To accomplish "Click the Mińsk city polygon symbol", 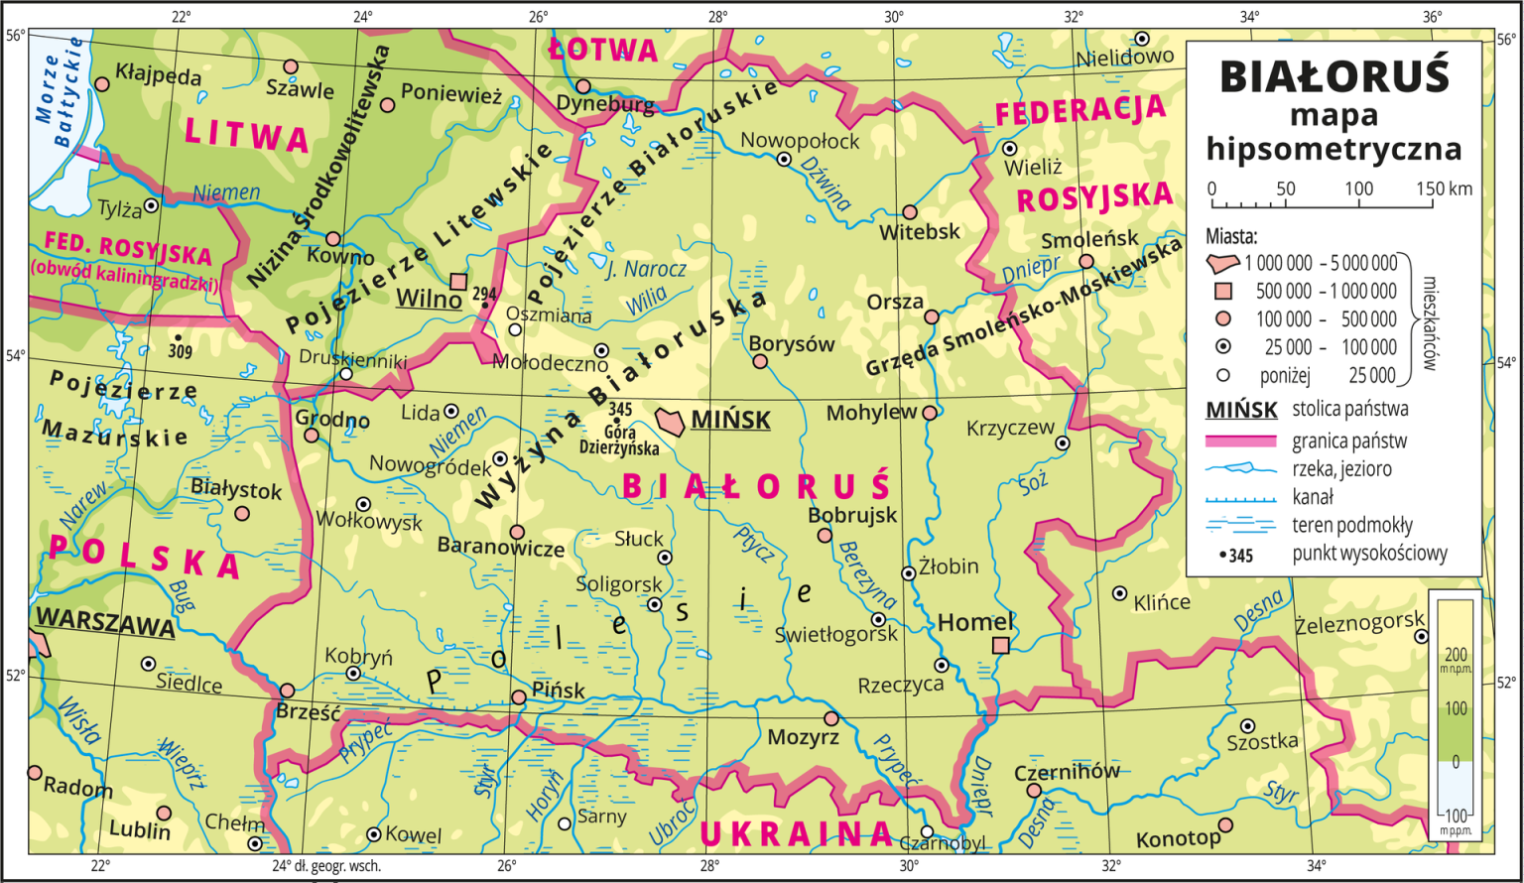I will click(670, 419).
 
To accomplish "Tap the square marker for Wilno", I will click(458, 282).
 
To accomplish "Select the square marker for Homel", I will click(1001, 646).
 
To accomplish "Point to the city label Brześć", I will click(308, 713).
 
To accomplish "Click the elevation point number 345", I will click(620, 409).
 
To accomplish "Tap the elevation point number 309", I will click(181, 350).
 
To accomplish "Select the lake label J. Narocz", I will click(646, 269).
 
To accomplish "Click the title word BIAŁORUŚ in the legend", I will click(1333, 77).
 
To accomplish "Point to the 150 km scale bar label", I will click(1445, 189).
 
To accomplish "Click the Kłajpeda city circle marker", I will click(101, 85).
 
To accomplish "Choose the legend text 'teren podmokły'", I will click(1351, 526).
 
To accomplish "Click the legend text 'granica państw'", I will click(1348, 441).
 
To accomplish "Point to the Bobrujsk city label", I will click(852, 515).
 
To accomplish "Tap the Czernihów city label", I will click(1067, 771).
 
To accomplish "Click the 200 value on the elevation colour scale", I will click(1456, 655).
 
